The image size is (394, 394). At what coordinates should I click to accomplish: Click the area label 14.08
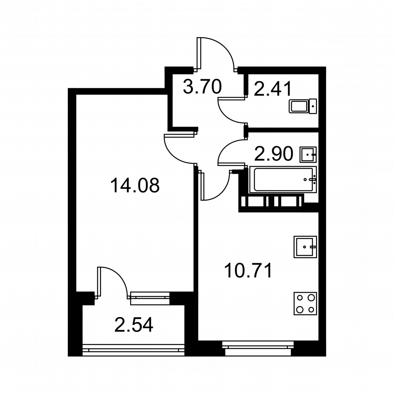(x=135, y=186)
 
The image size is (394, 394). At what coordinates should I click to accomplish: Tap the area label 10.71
(x=249, y=270)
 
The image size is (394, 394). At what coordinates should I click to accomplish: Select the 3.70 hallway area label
(x=202, y=86)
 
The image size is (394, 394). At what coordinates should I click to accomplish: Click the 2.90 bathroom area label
(x=274, y=154)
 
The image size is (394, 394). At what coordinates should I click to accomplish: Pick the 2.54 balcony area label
(x=134, y=325)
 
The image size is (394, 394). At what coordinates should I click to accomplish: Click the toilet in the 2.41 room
(x=303, y=106)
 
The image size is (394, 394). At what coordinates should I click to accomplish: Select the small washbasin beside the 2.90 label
(x=308, y=154)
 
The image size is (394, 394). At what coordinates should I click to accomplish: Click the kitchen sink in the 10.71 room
(x=305, y=247)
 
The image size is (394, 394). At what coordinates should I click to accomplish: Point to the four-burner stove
(x=305, y=303)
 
